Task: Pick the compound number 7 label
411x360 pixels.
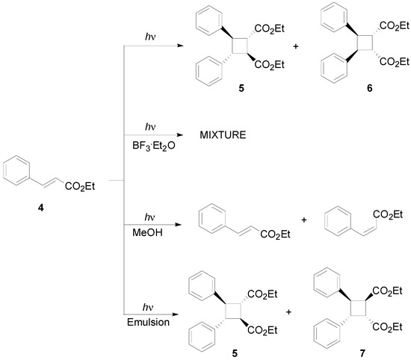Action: [x=353, y=350]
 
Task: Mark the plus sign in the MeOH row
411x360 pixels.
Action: [x=303, y=222]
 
